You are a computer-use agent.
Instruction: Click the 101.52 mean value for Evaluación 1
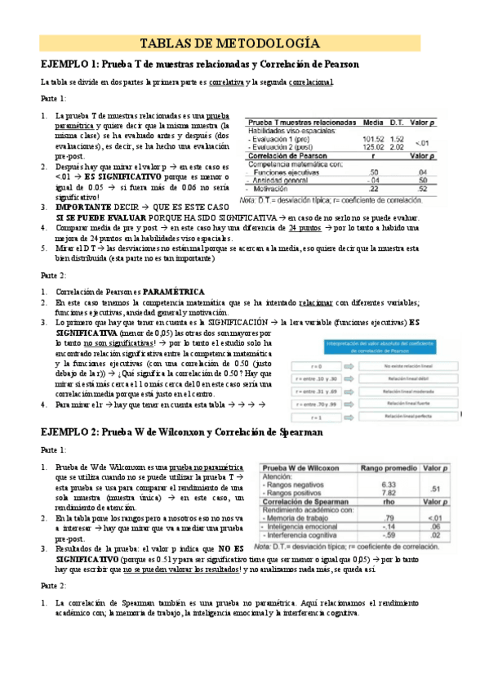tap(371, 139)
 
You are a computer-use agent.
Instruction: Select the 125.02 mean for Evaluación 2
tap(371, 147)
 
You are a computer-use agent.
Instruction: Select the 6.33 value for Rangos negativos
tap(388, 484)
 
